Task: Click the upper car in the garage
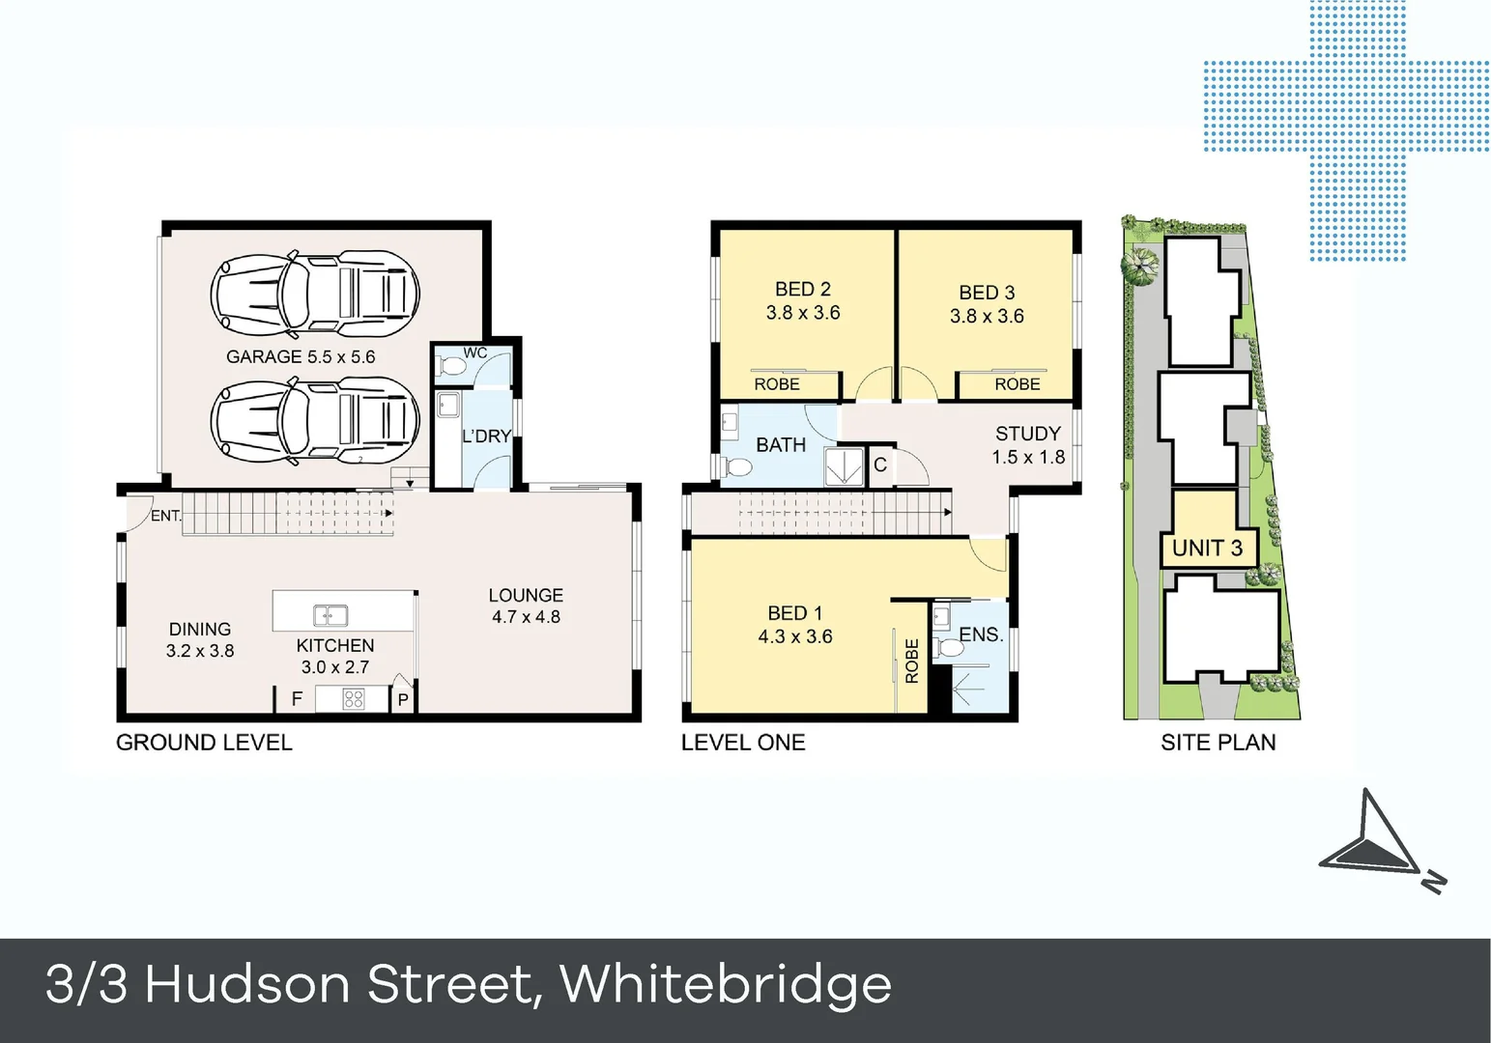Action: tap(315, 291)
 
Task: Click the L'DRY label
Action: tap(486, 437)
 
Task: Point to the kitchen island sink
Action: tap(330, 615)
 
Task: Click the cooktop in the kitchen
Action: tap(354, 698)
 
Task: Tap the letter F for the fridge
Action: tap(297, 699)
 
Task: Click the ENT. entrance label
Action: tap(166, 516)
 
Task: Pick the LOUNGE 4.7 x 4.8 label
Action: tap(526, 606)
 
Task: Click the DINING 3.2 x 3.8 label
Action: tap(200, 639)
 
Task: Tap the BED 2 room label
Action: tap(803, 300)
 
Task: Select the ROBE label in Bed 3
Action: tap(1018, 384)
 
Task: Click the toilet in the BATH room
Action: tap(738, 468)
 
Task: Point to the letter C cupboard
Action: tap(880, 465)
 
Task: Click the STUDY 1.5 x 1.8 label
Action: tap(1028, 445)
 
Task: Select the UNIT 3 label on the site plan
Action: tap(1207, 549)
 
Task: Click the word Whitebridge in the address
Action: tap(726, 985)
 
